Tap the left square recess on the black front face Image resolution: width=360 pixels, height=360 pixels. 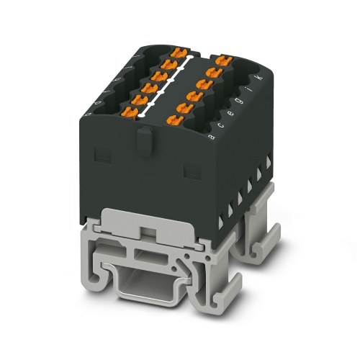pyautogui.click(x=103, y=153)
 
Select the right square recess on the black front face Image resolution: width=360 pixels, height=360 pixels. pyautogui.click(x=192, y=169)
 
